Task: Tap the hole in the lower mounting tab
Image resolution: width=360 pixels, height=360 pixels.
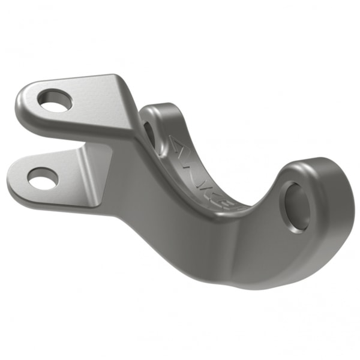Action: (x=43, y=178)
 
